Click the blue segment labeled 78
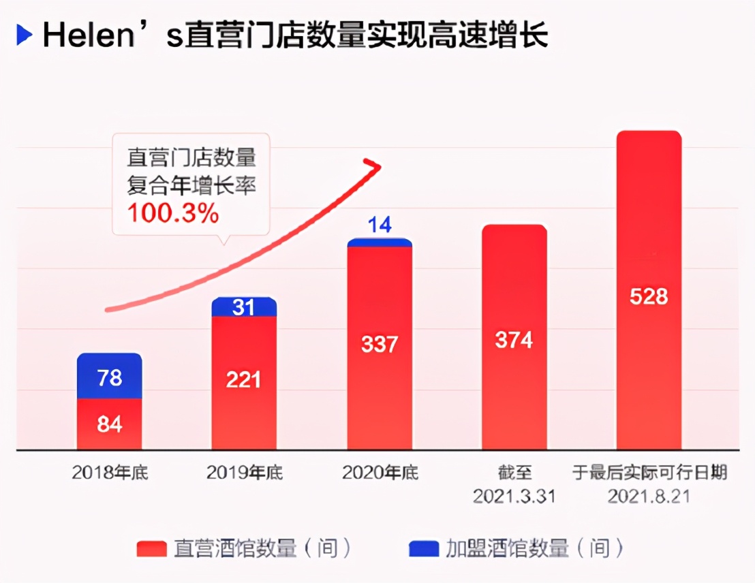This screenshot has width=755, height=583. [109, 376]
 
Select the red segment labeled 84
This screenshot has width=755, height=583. [109, 424]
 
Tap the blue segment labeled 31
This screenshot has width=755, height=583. [244, 307]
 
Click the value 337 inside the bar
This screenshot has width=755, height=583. [379, 344]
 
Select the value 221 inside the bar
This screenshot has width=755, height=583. [244, 379]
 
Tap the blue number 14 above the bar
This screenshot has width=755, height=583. [380, 225]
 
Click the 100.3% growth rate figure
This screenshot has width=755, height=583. [173, 214]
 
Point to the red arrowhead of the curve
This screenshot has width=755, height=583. [373, 166]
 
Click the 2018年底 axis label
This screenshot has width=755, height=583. [110, 473]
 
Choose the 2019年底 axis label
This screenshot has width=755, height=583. [244, 473]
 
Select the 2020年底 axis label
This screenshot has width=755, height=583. [380, 473]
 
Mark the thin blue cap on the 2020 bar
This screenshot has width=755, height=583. [380, 242]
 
